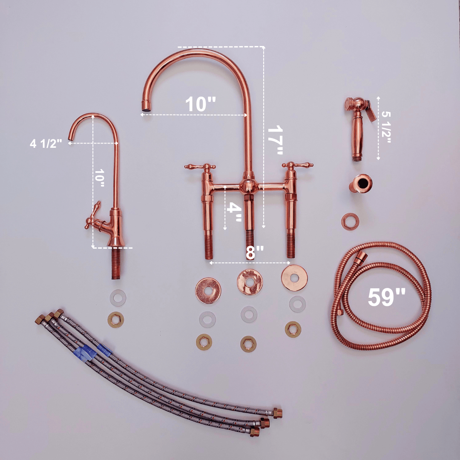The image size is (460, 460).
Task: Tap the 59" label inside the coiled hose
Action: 386,297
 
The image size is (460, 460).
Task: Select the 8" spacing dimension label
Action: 255,252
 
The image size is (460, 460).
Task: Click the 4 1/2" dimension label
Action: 46,144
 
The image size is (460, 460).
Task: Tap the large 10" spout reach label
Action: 201,104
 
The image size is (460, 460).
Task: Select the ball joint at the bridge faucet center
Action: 247,186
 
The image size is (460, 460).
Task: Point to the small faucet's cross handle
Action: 93,215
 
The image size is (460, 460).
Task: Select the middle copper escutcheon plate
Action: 250,281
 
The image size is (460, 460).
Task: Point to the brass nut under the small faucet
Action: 116,319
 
